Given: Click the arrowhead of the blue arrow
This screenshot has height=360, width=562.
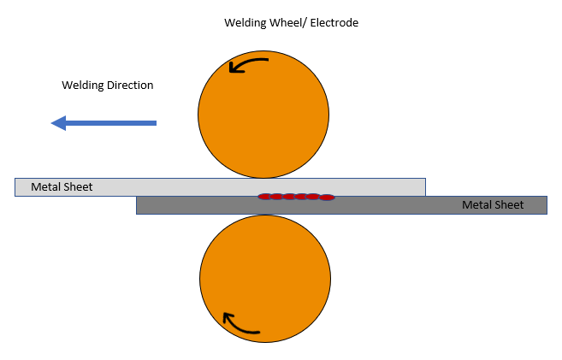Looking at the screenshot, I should tap(59, 123).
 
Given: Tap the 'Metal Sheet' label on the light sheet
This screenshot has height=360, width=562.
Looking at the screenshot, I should tap(62, 186).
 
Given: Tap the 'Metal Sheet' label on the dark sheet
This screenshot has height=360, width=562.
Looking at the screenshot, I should tap(493, 205).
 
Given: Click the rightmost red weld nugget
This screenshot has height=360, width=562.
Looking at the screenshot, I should tap(327, 198).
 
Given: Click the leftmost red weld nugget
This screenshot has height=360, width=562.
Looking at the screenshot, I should tap(265, 197).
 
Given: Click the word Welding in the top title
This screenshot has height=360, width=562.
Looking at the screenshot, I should tap(243, 23).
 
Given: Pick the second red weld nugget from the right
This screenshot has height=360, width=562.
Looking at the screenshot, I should tap(314, 197).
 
